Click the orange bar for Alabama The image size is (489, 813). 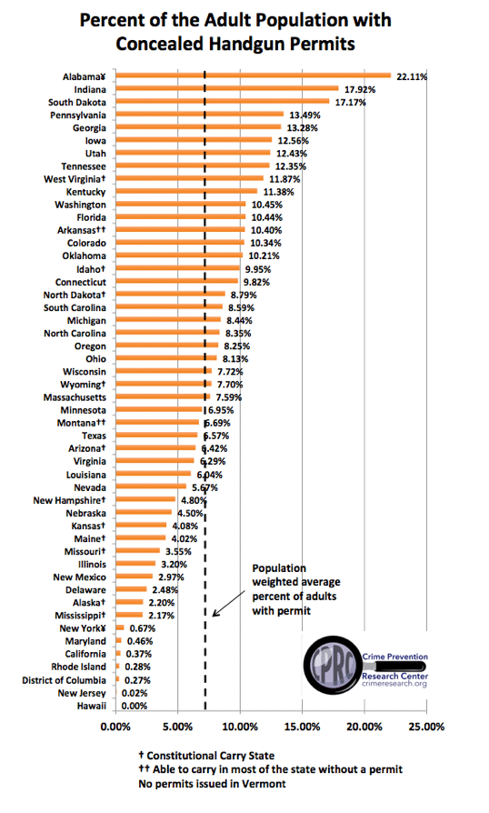pos(254,75)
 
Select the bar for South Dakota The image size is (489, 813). pos(223,101)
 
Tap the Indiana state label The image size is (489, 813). pos(90,90)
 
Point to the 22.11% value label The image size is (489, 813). pos(412,76)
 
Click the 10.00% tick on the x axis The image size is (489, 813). pos(240,727)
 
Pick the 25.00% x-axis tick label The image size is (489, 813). pos(427,727)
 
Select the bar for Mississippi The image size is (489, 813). pos(129,615)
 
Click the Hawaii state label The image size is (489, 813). pos(91,706)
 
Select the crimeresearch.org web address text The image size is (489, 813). pos(394,684)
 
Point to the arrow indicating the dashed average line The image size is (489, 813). pos(228,603)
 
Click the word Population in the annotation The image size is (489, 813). pos(279,568)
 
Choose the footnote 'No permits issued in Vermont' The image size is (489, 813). pos(212,784)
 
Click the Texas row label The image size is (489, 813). pos(94,436)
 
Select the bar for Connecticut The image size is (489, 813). pos(177,281)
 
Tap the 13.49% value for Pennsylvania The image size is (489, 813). pos(304,115)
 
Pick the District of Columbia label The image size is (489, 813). pos(64,680)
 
